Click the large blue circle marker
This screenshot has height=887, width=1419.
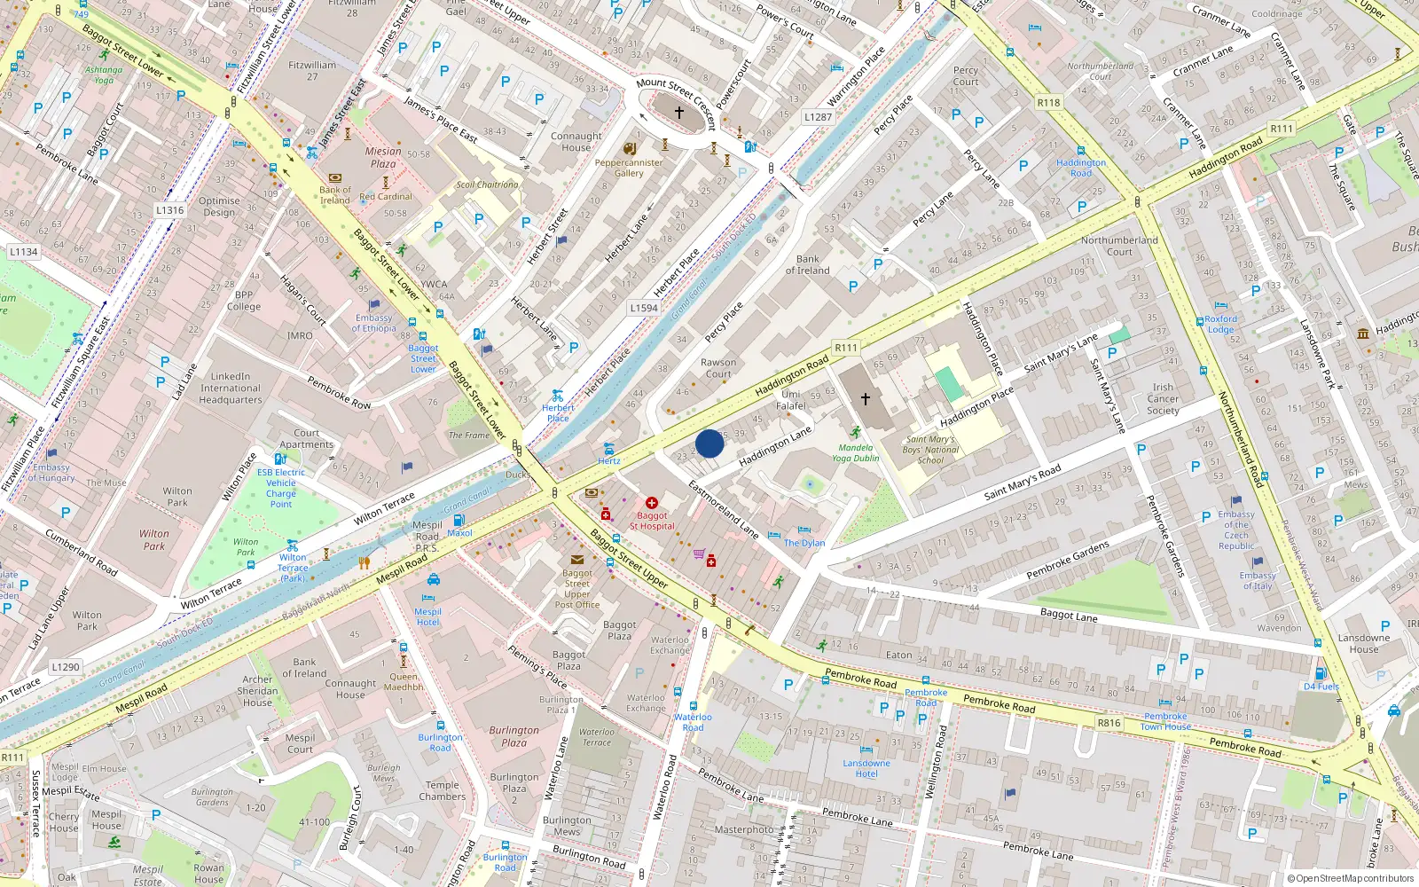pyautogui.click(x=709, y=443)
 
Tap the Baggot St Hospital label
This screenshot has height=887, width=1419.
pyautogui.click(x=652, y=521)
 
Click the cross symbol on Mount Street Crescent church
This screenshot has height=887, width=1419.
pyautogui.click(x=679, y=113)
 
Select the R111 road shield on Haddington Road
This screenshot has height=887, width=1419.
pyautogui.click(x=845, y=348)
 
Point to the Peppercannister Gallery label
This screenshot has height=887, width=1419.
pyautogui.click(x=629, y=168)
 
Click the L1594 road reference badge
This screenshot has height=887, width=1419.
pyautogui.click(x=644, y=308)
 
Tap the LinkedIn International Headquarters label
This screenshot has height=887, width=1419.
pyautogui.click(x=231, y=389)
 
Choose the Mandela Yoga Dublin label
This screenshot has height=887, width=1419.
pyautogui.click(x=856, y=452)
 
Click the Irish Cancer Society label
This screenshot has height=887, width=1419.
pyautogui.click(x=1163, y=399)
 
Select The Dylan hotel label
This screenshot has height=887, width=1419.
pyautogui.click(x=804, y=543)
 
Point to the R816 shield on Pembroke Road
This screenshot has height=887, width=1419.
pyautogui.click(x=1109, y=723)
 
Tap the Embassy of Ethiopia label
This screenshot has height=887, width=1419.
pyautogui.click(x=374, y=323)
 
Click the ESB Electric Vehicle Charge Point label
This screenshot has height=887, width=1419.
pyautogui.click(x=281, y=488)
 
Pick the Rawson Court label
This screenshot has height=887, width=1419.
pyautogui.click(x=718, y=368)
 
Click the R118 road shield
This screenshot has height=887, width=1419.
pyautogui.click(x=1049, y=103)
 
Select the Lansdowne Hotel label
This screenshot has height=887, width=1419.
pyautogui.click(x=866, y=768)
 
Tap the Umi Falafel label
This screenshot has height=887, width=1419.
pyautogui.click(x=791, y=400)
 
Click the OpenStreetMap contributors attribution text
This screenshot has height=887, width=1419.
pyautogui.click(x=1350, y=878)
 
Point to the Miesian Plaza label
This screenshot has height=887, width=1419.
pyautogui.click(x=383, y=157)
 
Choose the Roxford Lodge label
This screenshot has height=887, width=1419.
pyautogui.click(x=1220, y=324)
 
